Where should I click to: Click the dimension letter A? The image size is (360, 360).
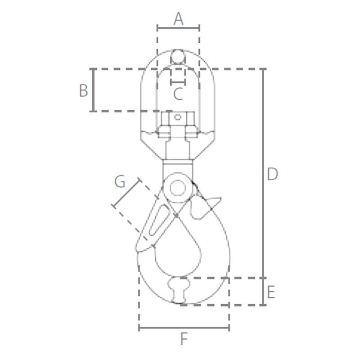(178, 19)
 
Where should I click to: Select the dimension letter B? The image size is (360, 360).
(83, 90)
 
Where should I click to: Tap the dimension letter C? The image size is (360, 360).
(178, 94)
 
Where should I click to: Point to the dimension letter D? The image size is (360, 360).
(272, 174)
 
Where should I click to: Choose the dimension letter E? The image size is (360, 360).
(270, 292)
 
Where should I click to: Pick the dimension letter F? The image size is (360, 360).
(183, 339)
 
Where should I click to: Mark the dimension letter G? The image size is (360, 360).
(120, 182)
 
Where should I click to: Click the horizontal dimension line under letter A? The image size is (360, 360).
(178, 28)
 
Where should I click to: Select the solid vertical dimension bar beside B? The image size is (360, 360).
(93, 90)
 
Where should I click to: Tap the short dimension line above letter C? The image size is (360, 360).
(178, 82)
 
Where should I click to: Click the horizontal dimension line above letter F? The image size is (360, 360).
(184, 328)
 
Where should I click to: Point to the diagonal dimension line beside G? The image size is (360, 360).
(126, 193)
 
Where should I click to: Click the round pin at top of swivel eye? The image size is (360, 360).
(178, 57)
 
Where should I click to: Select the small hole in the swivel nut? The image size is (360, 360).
(178, 117)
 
